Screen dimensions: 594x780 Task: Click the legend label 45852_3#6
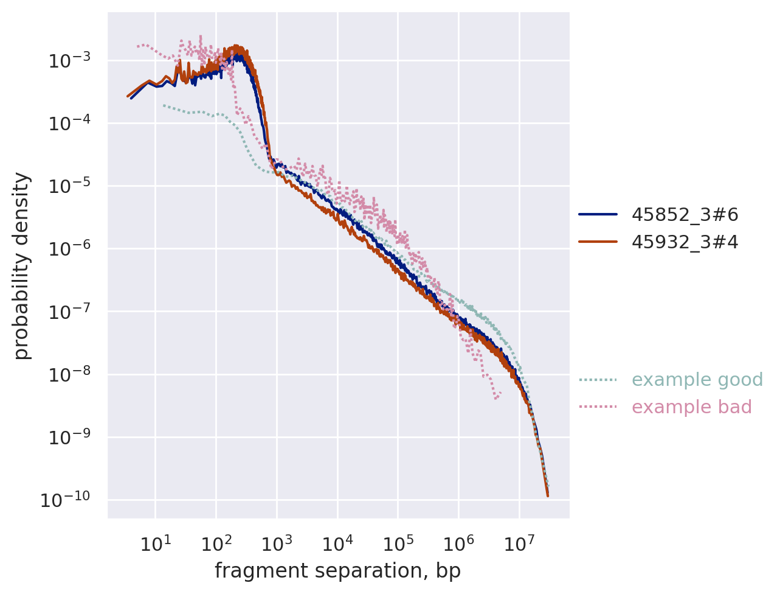(685, 214)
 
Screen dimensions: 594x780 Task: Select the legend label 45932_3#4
(685, 242)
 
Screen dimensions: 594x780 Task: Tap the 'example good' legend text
(697, 380)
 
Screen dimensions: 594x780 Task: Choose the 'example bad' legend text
(691, 407)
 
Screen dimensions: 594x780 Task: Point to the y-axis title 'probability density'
(22, 266)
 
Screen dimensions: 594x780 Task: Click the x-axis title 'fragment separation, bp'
(337, 571)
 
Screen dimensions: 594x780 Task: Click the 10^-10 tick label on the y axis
(65, 500)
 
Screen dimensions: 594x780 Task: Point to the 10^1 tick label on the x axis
(156, 543)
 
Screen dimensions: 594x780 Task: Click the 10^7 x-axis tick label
(519, 543)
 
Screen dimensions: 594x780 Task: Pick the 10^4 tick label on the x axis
(337, 543)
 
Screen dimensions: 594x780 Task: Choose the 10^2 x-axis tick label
(216, 543)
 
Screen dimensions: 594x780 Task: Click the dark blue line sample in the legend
(598, 214)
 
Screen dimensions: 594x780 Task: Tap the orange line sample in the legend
(598, 242)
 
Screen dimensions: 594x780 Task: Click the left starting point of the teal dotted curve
(163, 105)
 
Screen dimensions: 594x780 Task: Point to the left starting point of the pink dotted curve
(138, 46)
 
